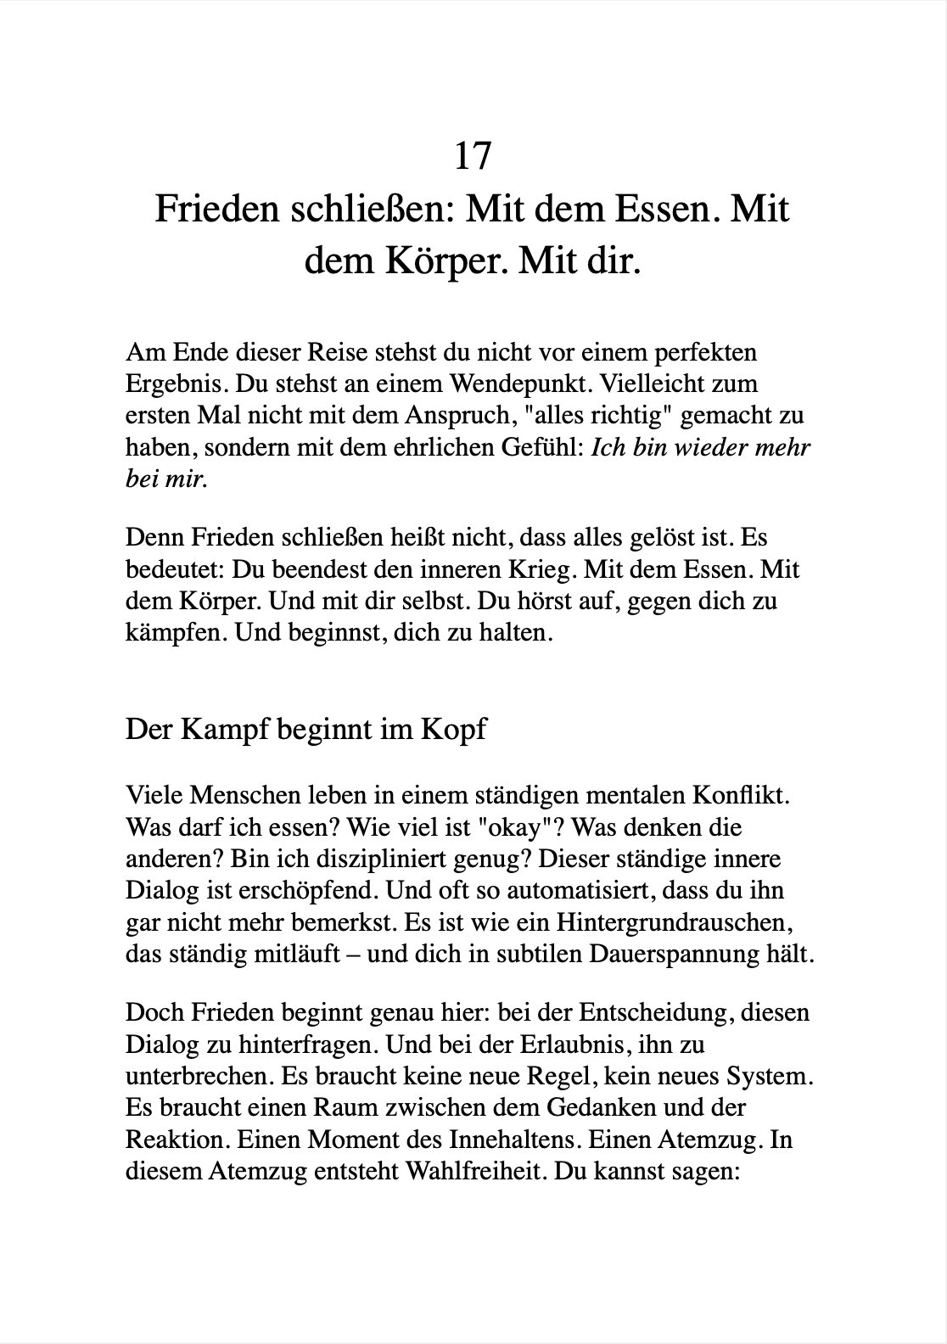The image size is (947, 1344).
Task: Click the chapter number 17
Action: pos(473,155)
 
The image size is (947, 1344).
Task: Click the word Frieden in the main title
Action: pos(216,209)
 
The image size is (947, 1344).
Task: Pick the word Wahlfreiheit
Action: pos(473,1171)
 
